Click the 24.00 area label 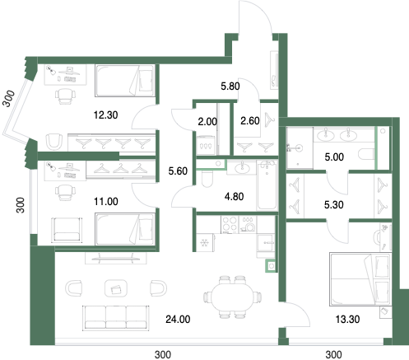[178, 320]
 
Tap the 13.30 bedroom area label [347, 320]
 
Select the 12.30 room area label [105, 115]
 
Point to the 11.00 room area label [106, 202]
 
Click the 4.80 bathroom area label [234, 197]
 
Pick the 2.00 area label [207, 121]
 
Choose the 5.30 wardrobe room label [334, 205]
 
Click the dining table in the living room [233, 297]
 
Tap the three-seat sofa [116, 317]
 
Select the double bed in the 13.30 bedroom [360, 279]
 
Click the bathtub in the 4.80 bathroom [267, 185]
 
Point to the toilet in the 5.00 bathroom [366, 155]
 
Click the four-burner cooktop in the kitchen [230, 224]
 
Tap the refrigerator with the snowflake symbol [205, 242]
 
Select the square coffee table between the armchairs [116, 288]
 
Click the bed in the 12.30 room [124, 81]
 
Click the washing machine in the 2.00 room [206, 145]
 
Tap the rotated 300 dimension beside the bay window [8, 98]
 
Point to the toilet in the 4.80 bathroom [206, 179]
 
